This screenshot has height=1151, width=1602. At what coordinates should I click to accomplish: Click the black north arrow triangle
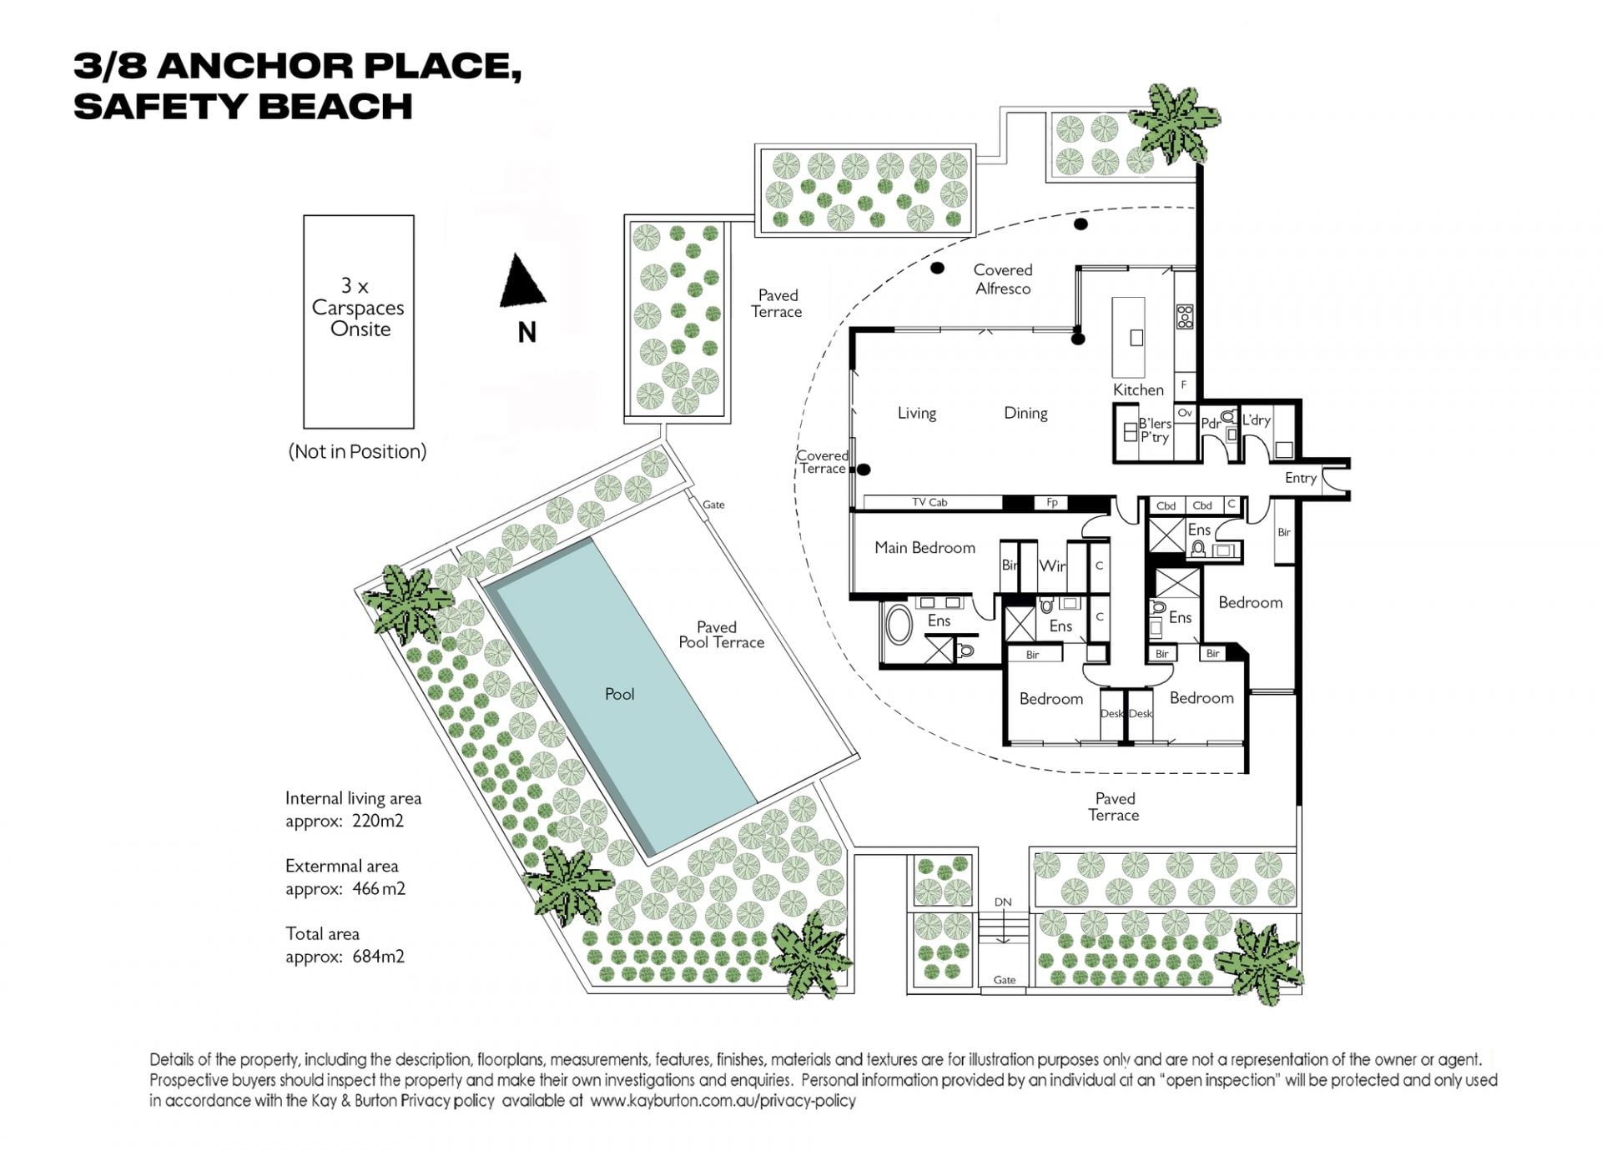522,280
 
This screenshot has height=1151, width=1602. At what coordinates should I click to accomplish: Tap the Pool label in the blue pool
619,694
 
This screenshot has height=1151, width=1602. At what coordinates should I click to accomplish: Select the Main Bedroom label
924,548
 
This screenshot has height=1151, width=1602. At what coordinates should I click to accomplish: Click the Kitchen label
1138,390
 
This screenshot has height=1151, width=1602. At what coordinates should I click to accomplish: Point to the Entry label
1301,478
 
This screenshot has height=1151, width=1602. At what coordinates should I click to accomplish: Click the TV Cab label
929,502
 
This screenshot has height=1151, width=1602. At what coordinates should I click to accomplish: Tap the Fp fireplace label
1052,502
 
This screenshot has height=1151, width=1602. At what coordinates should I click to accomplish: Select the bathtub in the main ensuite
899,625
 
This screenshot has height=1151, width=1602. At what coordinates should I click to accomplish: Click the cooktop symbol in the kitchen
1185,316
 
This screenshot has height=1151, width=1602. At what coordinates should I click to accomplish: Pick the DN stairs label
1003,902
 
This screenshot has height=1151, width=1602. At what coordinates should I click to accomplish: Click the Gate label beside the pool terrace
713,505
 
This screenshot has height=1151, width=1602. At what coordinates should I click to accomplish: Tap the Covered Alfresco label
1003,279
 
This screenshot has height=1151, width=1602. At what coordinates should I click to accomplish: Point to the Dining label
1025,413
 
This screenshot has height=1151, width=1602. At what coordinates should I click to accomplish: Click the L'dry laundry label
1256,420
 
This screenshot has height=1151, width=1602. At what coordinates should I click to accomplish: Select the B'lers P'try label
1155,430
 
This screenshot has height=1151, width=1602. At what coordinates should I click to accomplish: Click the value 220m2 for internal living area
378,821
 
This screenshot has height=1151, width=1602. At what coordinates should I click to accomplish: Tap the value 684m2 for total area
378,957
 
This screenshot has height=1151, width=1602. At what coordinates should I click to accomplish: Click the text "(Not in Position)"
357,451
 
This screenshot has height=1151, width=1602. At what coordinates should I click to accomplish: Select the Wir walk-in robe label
1052,565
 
